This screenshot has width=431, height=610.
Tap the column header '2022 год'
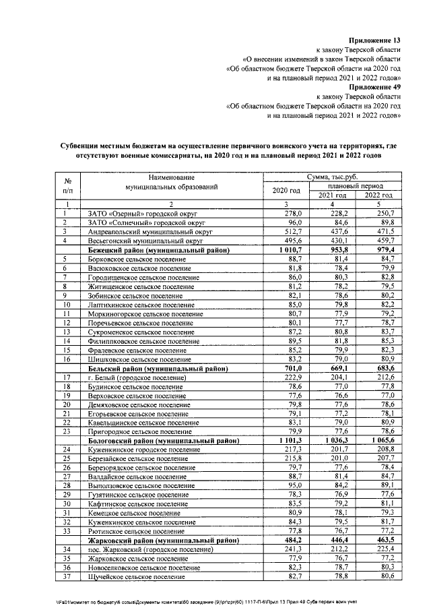378,195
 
